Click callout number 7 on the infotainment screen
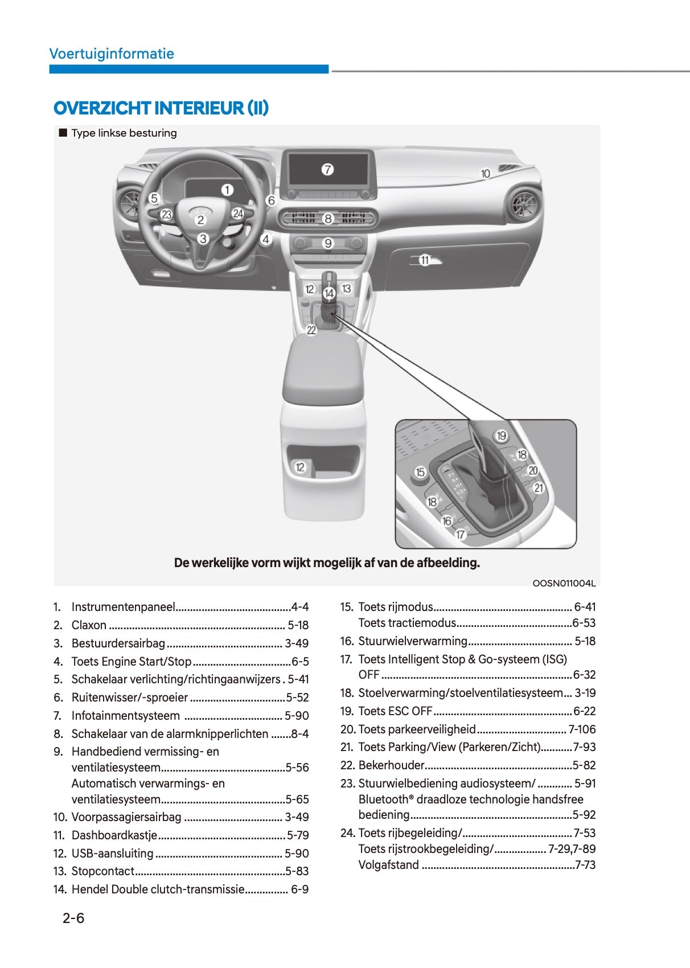(327, 170)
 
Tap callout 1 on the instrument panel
(227, 190)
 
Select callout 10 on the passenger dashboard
(486, 174)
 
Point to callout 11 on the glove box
(425, 260)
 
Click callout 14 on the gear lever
(329, 293)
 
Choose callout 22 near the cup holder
(311, 331)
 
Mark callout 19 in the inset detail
(501, 436)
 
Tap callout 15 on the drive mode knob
(420, 472)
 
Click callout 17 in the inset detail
(461, 535)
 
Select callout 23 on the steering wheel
(166, 214)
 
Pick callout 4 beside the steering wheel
(266, 239)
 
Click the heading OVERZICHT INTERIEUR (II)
(161, 108)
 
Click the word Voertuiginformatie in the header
(112, 54)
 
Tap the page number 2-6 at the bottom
(73, 918)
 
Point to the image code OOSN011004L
(564, 584)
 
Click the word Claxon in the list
(89, 625)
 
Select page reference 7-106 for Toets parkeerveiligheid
(582, 729)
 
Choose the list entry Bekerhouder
(392, 765)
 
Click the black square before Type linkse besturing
(63, 133)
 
